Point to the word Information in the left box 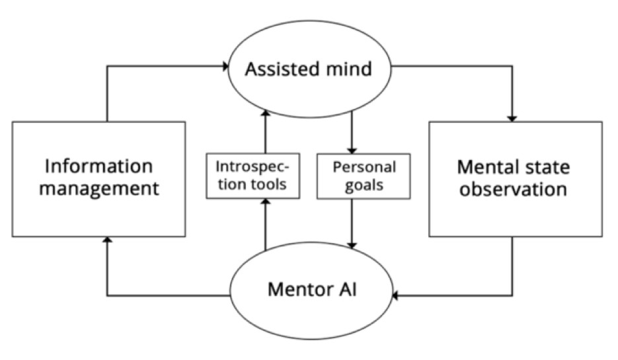tap(98, 166)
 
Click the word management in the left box tap(99, 189)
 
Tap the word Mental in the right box tap(486, 167)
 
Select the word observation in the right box tap(513, 190)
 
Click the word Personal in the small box tap(364, 167)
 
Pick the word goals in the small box tap(364, 185)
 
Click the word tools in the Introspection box tap(272, 184)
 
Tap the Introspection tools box tap(253, 176)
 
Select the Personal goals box tap(364, 176)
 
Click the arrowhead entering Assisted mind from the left tap(226, 66)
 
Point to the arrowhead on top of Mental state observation tap(512, 119)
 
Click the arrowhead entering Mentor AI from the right tap(395, 295)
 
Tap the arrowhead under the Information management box tap(107, 240)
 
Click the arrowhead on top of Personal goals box tap(352, 151)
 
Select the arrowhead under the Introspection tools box tap(266, 201)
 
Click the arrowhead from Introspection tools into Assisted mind tap(266, 113)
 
